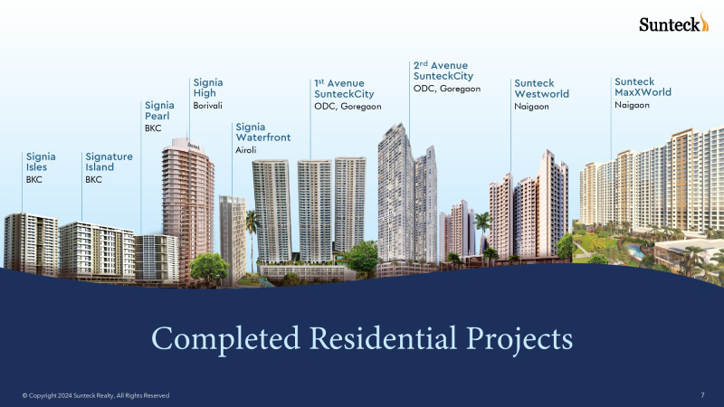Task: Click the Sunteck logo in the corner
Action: (x=673, y=23)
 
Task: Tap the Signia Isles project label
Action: (x=41, y=162)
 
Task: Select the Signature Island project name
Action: (x=109, y=162)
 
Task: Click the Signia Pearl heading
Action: (x=159, y=110)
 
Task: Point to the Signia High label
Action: (x=208, y=88)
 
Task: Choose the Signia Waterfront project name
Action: (x=263, y=132)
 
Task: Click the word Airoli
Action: (x=245, y=150)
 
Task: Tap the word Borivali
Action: (x=208, y=106)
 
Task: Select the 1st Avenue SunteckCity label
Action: (x=344, y=89)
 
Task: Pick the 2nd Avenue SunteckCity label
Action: (x=443, y=71)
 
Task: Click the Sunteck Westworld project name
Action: (x=541, y=89)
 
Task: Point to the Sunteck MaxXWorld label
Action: (x=643, y=87)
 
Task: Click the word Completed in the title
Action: (x=225, y=339)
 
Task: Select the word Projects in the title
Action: (x=519, y=340)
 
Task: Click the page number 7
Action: (x=703, y=395)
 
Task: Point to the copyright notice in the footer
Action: (x=96, y=395)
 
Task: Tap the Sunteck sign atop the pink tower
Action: (x=194, y=147)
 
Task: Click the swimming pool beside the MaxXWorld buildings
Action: (x=636, y=251)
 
